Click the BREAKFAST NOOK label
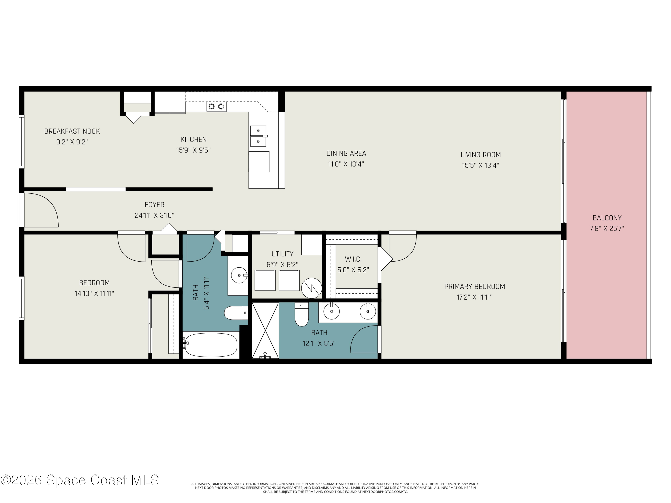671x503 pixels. coord(72,131)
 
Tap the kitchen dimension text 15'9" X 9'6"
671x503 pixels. coord(193,150)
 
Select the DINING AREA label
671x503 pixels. coord(346,153)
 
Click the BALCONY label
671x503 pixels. coord(607,218)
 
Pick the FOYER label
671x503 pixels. coord(154,205)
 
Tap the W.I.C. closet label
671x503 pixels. coord(353,259)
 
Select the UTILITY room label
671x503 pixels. coord(282,254)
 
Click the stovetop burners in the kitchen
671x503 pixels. coord(216,106)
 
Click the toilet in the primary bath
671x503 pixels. coord(302,314)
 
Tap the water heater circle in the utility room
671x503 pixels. coord(312,288)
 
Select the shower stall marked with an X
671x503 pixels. coord(265,330)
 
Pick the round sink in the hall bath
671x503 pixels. coord(239,275)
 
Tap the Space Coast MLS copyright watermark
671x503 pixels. coord(79,480)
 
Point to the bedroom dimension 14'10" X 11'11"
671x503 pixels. coord(94,294)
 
